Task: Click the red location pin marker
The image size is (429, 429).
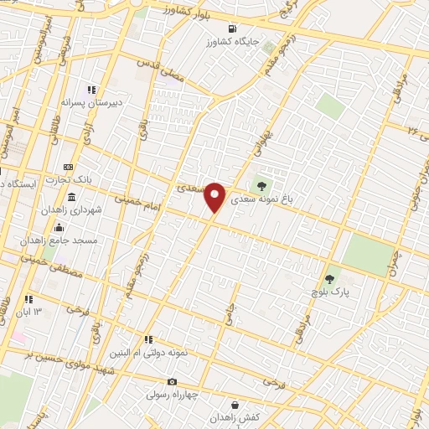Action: (215, 197)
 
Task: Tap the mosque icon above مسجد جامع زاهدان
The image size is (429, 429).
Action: (59, 228)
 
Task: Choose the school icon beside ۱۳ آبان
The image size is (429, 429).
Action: (28, 299)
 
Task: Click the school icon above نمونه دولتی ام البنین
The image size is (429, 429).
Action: (147, 340)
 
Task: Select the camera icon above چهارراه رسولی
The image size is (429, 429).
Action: (173, 382)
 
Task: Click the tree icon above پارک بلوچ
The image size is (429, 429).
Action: (330, 279)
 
